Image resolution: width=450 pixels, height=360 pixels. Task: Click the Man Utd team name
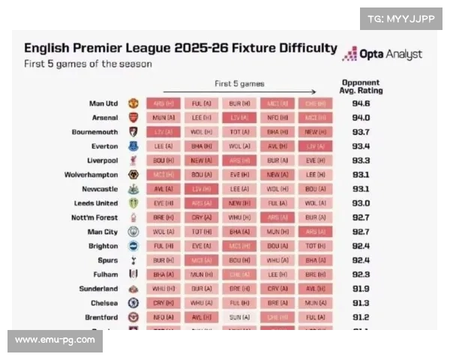[103, 103]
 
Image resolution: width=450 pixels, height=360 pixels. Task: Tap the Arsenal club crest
[133, 118]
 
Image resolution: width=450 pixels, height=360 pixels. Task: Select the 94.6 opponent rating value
[361, 103]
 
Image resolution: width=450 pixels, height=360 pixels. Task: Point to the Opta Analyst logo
[382, 54]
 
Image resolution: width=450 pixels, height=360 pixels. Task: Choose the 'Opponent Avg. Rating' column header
[361, 86]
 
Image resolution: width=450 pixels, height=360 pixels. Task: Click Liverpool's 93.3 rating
[361, 160]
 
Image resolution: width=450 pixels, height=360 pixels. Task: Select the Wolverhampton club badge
[133, 175]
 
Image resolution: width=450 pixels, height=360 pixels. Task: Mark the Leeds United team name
[96, 203]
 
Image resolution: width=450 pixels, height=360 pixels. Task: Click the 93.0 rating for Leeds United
[361, 203]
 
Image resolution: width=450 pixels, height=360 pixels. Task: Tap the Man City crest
[133, 232]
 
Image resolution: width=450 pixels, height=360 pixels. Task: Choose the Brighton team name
[103, 246]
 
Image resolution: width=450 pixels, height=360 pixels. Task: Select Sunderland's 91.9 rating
[361, 289]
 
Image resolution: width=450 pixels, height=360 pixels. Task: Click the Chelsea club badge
[133, 303]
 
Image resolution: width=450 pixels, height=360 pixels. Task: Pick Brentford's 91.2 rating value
[361, 317]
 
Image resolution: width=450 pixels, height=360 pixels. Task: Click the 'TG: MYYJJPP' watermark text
[400, 18]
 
